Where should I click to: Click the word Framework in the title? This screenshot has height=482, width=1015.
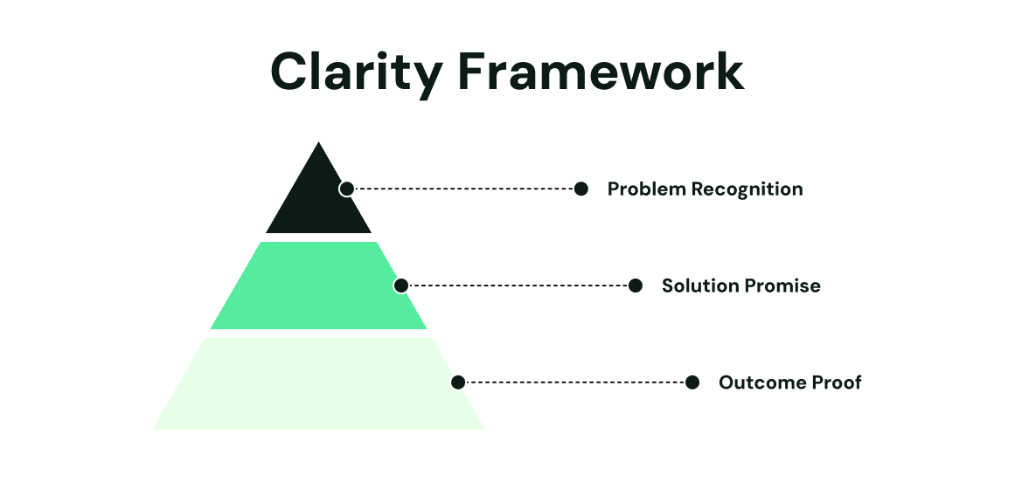pos(601,72)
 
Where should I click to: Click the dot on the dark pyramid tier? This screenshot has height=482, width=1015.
pos(347,189)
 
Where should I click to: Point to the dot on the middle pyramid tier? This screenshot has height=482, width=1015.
pos(401,286)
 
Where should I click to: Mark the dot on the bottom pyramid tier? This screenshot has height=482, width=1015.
pos(458,382)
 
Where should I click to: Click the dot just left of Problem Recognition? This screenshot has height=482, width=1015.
pos(581,189)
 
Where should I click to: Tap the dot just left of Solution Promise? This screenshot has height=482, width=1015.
pos(636,286)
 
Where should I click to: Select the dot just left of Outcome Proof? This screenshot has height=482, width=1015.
pos(692,382)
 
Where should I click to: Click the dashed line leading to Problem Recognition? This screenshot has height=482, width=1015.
pos(463,189)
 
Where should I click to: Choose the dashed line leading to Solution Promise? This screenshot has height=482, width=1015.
pos(518,286)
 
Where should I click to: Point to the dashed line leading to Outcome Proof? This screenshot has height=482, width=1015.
pos(575,382)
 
